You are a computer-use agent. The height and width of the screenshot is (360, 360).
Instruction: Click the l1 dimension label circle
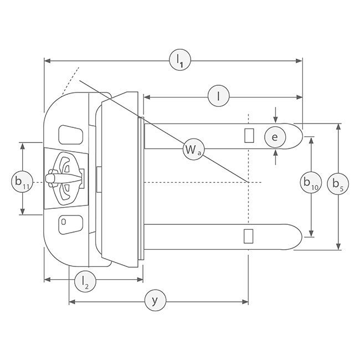[x=180, y=61]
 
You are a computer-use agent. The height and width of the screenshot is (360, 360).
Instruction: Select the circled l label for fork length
[x=219, y=97]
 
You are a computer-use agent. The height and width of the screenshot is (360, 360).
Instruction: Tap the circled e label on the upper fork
[x=275, y=137]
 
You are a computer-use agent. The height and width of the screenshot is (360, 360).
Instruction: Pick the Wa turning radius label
[x=193, y=150]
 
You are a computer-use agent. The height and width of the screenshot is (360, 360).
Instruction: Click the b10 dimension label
[x=311, y=183]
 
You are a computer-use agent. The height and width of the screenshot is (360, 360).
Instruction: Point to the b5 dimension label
[x=338, y=184]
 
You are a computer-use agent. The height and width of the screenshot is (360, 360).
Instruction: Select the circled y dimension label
[x=156, y=300]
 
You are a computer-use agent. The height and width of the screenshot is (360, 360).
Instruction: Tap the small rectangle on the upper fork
[x=249, y=136]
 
